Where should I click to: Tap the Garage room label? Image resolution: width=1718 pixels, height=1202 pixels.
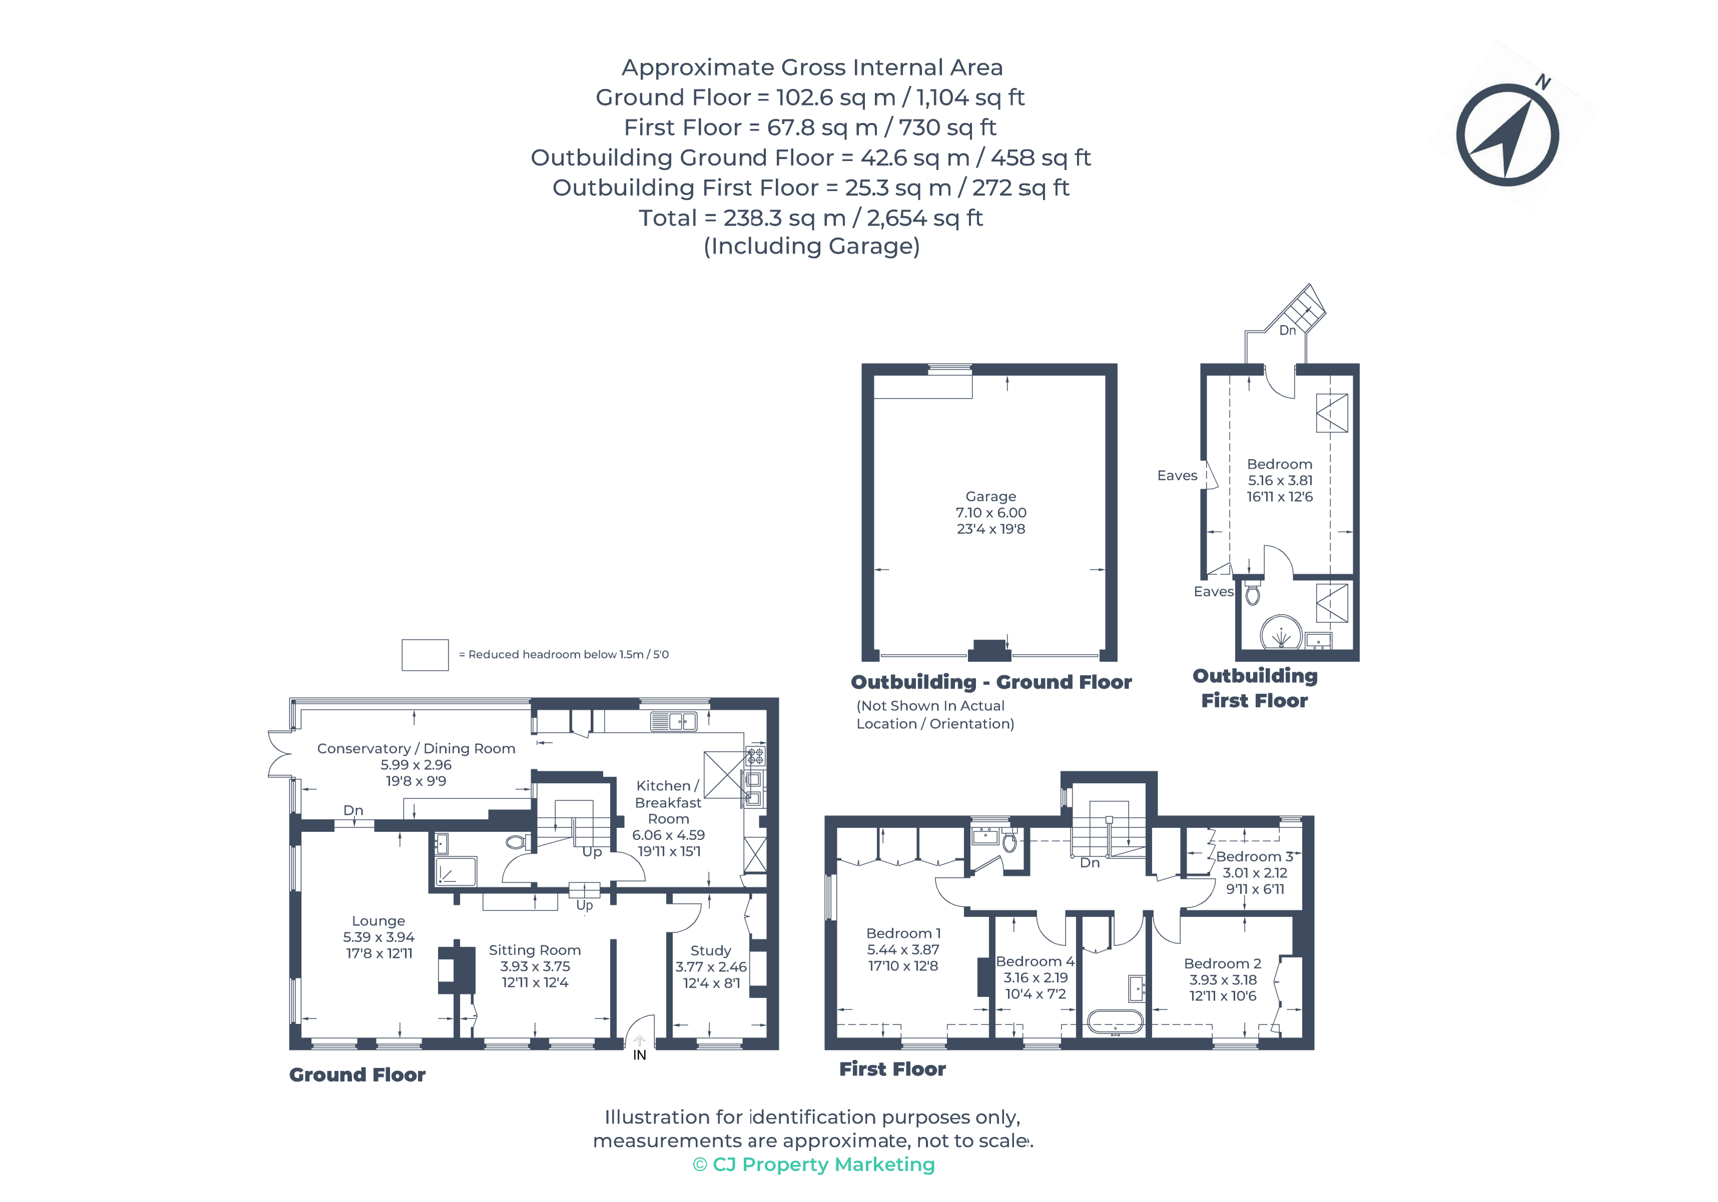click(991, 497)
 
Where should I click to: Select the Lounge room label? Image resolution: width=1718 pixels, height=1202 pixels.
click(379, 921)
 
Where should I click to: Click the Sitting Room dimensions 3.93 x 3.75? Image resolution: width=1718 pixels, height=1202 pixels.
click(535, 966)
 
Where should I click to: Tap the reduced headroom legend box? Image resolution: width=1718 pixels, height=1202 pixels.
click(425, 655)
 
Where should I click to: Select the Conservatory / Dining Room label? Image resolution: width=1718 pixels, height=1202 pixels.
click(416, 749)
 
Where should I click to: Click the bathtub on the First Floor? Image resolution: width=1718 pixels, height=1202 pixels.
click(1115, 1022)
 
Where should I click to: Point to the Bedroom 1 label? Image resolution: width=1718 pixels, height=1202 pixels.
click(903, 933)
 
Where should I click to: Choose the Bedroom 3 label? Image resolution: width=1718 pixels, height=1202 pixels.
click(1254, 856)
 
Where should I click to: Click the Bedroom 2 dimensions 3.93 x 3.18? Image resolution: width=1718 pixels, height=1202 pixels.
click(1223, 980)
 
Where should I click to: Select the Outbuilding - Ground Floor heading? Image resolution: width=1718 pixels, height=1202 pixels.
click(991, 682)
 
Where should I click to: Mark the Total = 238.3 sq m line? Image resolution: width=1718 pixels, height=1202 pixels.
click(810, 218)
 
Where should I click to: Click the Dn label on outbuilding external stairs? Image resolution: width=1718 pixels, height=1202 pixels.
click(1287, 331)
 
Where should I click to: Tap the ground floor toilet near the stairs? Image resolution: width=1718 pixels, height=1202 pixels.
click(515, 842)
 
